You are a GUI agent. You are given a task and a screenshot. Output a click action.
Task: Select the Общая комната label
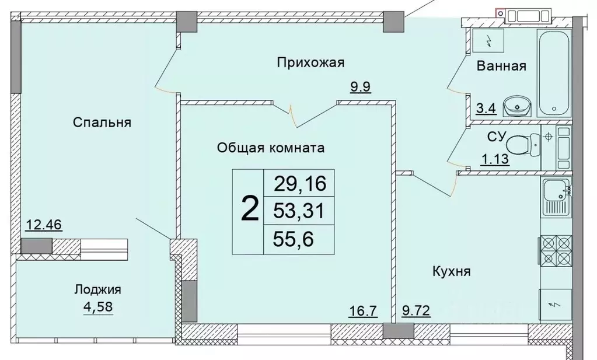[x=270, y=148]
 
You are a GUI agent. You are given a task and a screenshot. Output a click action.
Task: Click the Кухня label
[x=452, y=271]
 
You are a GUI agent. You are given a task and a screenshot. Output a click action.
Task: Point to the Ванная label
[x=501, y=66]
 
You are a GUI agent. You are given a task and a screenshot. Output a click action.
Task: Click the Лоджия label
[x=97, y=289]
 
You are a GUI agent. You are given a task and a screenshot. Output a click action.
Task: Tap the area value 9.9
[x=361, y=88]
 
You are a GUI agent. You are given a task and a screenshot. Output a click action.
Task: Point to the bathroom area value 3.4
[x=486, y=108]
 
